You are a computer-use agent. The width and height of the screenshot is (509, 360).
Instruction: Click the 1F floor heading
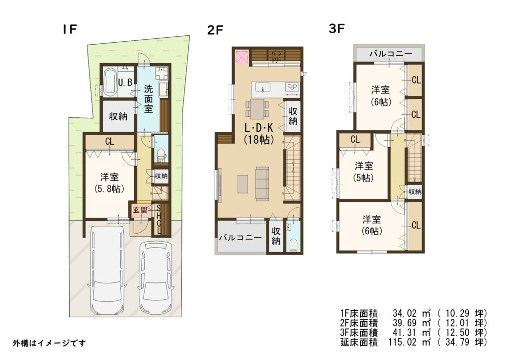[x=70, y=29]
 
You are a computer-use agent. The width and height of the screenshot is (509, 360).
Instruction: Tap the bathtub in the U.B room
[x=111, y=82]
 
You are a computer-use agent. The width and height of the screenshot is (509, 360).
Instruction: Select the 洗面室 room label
[x=148, y=98]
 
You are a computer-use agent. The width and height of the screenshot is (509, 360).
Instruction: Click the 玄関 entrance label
[x=140, y=210]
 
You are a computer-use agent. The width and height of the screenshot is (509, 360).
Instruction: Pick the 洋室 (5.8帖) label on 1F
[x=109, y=183]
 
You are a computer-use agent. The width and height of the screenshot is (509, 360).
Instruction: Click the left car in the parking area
[x=107, y=269]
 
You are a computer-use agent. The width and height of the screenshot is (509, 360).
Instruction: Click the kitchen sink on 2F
[x=262, y=88]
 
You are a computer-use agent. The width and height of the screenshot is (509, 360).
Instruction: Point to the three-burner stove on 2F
[x=292, y=87]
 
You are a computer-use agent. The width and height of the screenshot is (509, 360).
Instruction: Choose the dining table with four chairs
[x=257, y=108]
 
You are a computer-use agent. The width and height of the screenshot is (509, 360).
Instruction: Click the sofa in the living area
[x=262, y=184]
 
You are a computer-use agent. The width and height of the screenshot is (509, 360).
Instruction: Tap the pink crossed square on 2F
[x=242, y=57]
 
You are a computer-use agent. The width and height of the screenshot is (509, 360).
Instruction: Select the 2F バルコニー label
[x=240, y=238]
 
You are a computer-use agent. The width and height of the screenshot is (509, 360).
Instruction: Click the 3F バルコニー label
[x=391, y=54]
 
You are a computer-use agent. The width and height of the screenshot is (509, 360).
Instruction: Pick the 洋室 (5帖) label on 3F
[x=363, y=172]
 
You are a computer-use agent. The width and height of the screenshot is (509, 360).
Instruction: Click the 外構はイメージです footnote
[x=49, y=343]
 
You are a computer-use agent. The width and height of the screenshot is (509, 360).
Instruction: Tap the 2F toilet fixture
[x=293, y=245]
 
